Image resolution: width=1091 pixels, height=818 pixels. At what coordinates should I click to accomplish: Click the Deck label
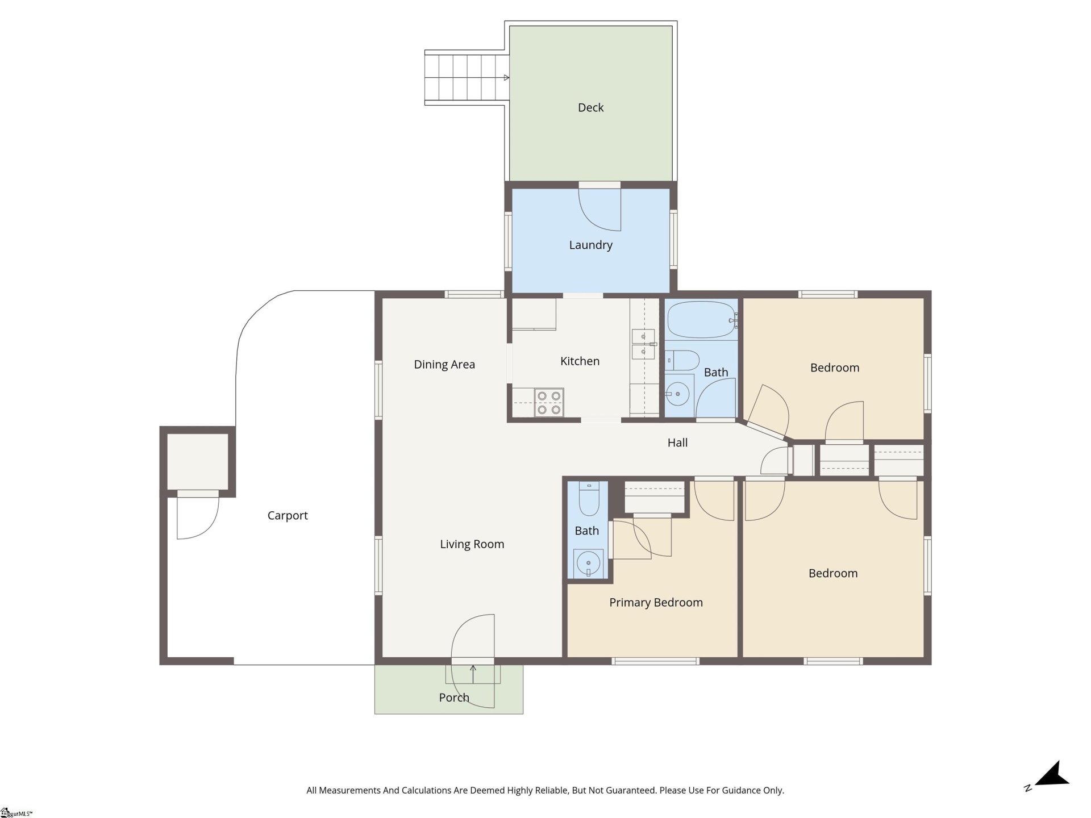590,107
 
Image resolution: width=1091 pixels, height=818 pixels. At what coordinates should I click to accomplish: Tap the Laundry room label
590,245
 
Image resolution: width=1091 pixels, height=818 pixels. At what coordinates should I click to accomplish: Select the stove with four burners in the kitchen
549,402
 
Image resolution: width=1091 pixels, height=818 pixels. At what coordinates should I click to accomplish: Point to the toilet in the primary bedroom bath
588,499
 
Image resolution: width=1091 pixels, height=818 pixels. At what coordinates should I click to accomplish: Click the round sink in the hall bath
677,393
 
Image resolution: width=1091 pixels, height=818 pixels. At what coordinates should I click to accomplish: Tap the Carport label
288,515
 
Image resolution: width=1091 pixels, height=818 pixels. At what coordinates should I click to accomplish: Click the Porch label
454,698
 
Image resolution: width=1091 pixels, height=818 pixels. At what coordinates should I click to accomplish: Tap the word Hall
677,443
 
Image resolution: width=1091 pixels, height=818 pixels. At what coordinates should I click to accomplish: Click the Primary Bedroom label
656,602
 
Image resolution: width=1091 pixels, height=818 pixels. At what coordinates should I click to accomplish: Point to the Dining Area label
444,364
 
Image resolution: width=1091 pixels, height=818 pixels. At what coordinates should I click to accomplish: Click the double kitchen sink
643,344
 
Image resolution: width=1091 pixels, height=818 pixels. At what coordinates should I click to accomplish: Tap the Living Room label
472,544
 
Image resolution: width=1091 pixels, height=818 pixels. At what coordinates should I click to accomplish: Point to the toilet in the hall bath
684,360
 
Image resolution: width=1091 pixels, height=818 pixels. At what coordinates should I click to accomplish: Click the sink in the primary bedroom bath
589,564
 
